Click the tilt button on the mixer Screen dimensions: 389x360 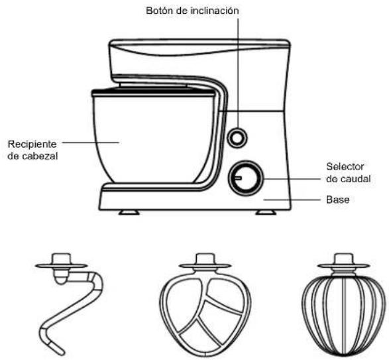[237, 137]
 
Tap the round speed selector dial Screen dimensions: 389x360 [246, 178]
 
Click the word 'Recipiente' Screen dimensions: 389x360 [32, 145]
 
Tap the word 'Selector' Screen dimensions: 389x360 [345, 166]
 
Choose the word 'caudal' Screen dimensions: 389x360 [355, 179]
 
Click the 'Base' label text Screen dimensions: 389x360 [338, 200]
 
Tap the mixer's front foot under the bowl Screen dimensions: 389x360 [129, 212]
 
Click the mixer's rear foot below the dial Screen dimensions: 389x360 [266, 212]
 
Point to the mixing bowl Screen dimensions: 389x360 [153, 137]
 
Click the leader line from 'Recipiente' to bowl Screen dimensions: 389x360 [91, 143]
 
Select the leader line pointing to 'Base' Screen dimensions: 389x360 [292, 200]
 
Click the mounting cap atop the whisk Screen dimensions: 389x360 [343, 259]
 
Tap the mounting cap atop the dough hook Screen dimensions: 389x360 [61, 259]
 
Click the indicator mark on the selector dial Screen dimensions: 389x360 [238, 178]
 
